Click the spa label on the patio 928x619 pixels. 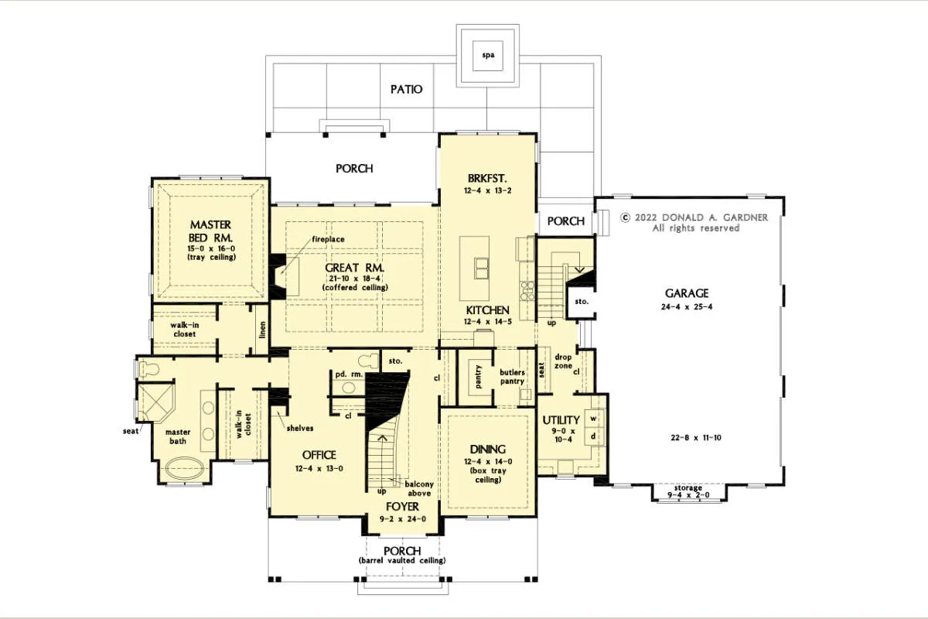coord(488,55)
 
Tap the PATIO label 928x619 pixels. coord(407,89)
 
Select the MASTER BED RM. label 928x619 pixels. coord(210,231)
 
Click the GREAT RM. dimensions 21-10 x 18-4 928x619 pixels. coord(355,279)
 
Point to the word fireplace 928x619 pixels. coord(328,239)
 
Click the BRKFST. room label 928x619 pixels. coord(487,178)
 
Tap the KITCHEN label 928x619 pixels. coord(488,310)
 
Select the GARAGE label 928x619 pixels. coord(687,293)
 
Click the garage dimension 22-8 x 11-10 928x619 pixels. coord(696,437)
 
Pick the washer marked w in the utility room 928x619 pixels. coord(594,419)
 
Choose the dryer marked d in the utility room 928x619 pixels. coord(594,436)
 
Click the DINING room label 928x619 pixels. coord(488,450)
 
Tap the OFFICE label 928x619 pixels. coord(319,455)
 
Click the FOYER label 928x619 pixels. coord(402,507)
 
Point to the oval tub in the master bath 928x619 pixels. coord(185,468)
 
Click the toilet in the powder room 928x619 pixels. coord(368,361)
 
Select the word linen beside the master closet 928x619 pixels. coord(262,330)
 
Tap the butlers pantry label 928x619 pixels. coord(512,377)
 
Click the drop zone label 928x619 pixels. coord(564,361)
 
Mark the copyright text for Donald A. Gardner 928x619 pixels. coord(694,223)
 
